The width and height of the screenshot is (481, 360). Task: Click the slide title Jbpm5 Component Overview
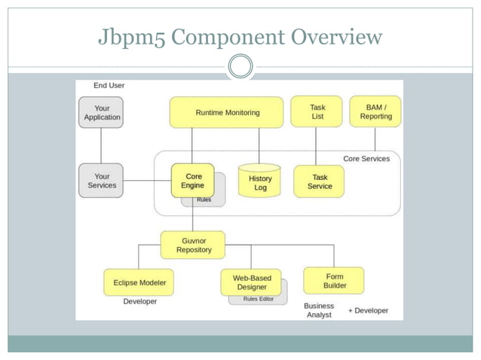point(240,36)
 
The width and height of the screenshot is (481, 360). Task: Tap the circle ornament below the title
point(240,66)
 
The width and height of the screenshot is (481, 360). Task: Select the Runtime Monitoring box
point(227,112)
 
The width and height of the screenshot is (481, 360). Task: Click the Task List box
point(317,111)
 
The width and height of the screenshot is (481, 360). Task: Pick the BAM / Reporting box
point(375,111)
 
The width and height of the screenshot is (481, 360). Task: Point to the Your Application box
point(101,112)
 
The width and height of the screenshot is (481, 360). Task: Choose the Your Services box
point(101,181)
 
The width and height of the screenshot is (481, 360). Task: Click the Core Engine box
point(192,181)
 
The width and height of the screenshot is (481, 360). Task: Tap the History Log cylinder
point(259,183)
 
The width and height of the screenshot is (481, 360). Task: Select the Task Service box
point(319,182)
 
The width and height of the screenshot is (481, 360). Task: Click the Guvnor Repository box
point(193,245)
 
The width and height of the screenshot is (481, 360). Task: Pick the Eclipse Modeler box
point(139,282)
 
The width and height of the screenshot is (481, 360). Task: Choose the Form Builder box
point(334,281)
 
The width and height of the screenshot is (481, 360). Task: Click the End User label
point(109,86)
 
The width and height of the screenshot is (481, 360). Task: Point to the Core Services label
point(366,159)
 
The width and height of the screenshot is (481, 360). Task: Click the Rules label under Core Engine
point(204,200)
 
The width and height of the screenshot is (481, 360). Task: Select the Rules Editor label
point(258,299)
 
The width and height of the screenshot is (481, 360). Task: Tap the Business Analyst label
point(319,310)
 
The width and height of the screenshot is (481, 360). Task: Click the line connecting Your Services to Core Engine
point(147,181)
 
